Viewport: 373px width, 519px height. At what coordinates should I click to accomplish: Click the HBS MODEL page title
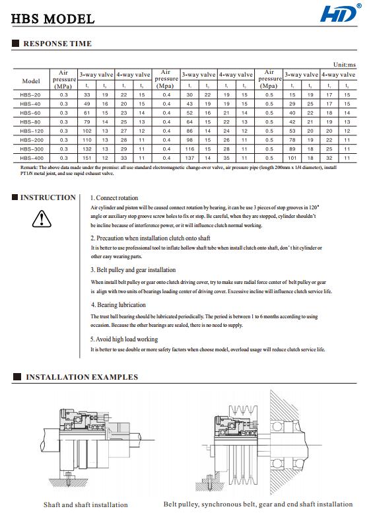[x=53, y=19]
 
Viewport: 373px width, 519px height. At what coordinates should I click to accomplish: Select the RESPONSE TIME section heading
[x=57, y=44]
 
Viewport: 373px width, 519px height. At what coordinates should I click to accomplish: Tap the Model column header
[x=31, y=81]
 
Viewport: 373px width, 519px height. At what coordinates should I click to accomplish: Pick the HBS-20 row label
[x=30, y=96]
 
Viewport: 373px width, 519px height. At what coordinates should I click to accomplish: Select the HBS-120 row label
[x=30, y=131]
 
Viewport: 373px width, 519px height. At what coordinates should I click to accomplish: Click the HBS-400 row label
[x=30, y=158]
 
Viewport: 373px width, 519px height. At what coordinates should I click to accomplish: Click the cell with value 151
[x=86, y=158]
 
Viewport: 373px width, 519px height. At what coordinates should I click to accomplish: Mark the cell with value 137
[x=189, y=158]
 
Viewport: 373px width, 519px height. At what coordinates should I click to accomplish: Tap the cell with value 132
[x=86, y=149]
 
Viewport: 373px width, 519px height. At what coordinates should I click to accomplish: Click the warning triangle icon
[x=41, y=218]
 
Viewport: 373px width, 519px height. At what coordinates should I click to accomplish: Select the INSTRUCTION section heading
[x=48, y=197]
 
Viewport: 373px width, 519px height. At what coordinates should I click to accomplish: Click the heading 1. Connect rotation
[x=114, y=197]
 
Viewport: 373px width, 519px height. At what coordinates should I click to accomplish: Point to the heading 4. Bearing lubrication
[x=118, y=305]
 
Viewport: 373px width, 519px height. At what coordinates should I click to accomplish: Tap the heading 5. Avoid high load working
[x=124, y=339]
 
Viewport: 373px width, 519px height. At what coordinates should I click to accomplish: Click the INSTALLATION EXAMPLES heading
[x=82, y=377]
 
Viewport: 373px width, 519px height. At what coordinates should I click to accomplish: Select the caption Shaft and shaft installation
[x=86, y=504]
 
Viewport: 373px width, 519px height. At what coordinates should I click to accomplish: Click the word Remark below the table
[x=29, y=168]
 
